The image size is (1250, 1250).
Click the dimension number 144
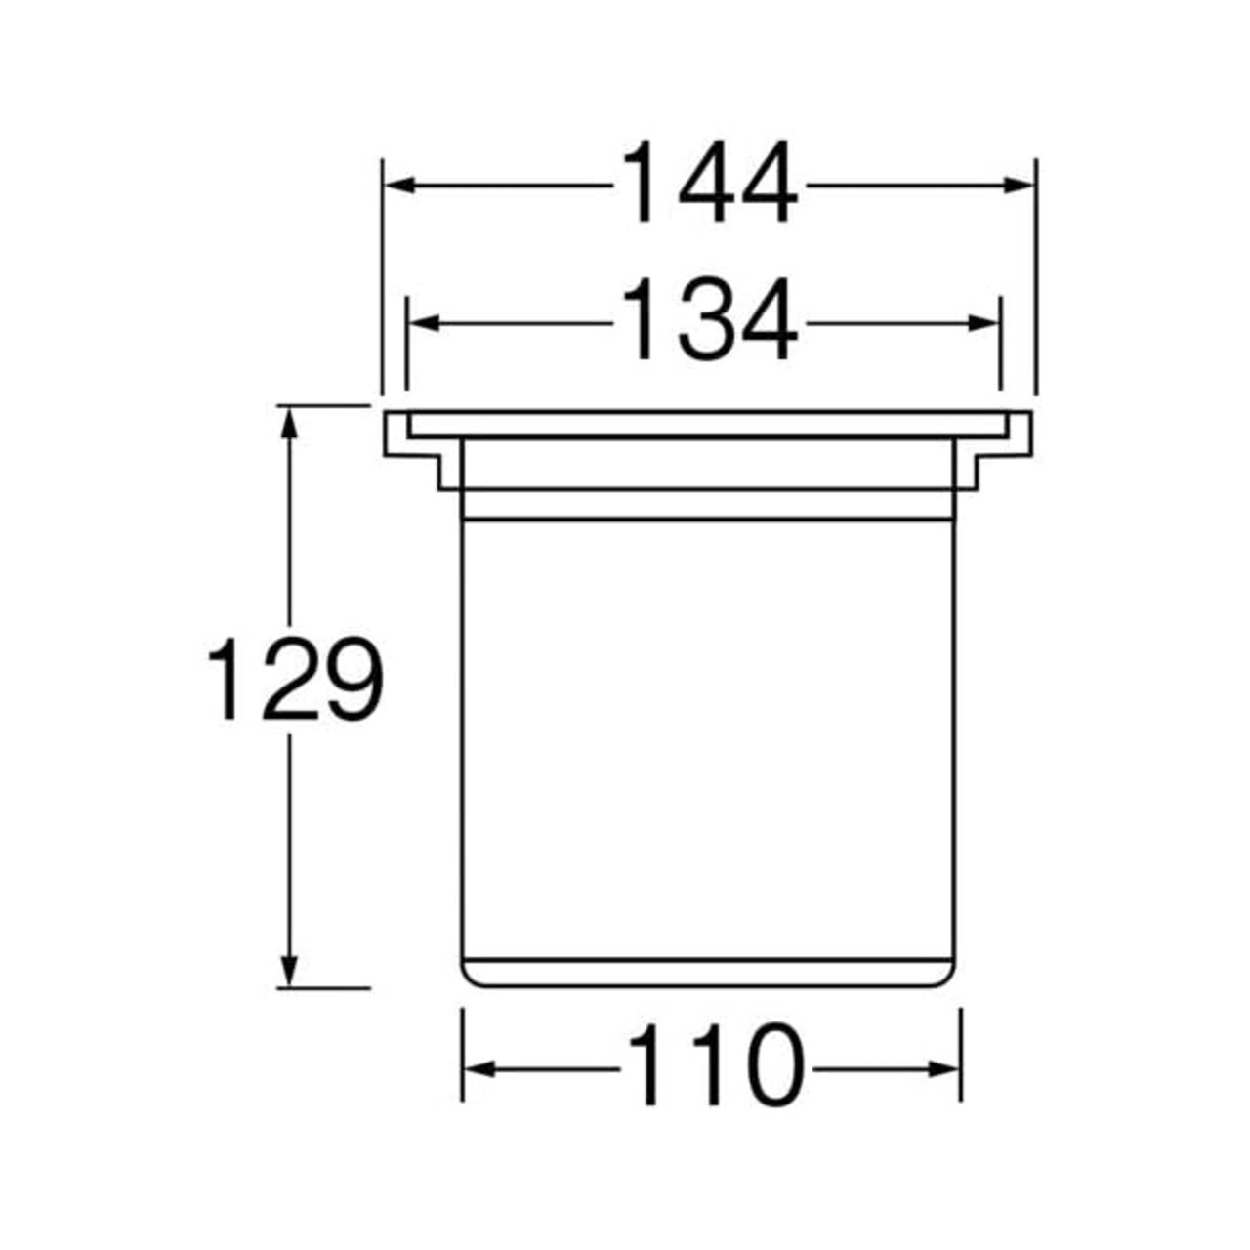tap(708, 182)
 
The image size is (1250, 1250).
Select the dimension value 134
tap(708, 319)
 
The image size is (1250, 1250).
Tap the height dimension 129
tap(296, 679)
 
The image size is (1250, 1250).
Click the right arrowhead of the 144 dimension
tap(1018, 186)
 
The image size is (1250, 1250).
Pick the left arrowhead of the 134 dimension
tap(424, 323)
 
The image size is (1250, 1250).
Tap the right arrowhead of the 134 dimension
tap(982, 323)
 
